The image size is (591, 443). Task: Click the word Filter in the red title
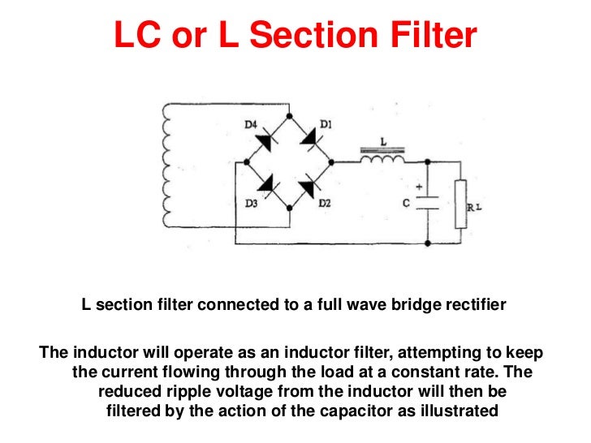pos(429,36)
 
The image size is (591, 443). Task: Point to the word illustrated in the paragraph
pos(459,411)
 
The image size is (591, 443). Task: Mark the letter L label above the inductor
pos(383,141)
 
